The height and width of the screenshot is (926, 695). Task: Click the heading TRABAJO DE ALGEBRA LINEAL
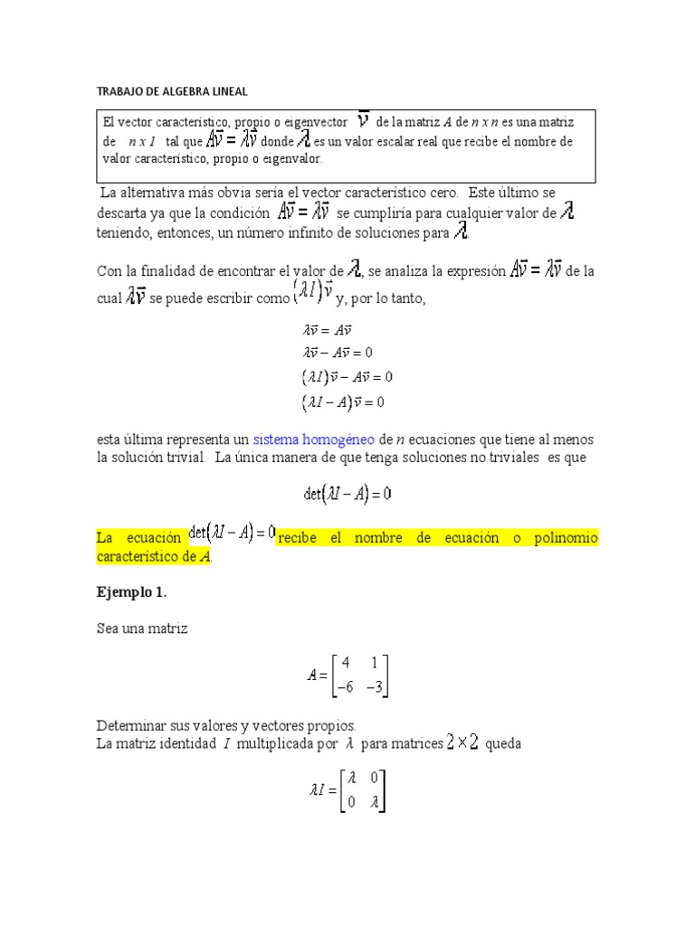tap(171, 91)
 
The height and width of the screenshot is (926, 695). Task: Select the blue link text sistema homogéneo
tap(313, 439)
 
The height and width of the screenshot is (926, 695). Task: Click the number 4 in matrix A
tap(346, 662)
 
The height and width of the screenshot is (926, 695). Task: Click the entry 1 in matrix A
tap(375, 662)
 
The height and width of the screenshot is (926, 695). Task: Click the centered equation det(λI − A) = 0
tap(347, 494)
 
